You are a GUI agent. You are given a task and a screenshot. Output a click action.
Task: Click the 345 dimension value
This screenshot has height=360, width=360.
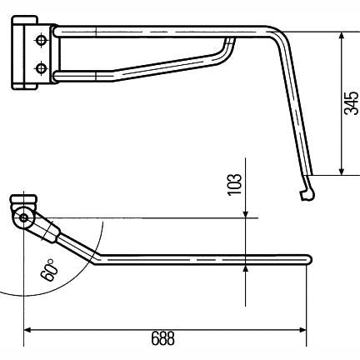pos(351,102)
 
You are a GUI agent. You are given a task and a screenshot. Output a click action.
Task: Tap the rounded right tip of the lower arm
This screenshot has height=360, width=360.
pos(308,260)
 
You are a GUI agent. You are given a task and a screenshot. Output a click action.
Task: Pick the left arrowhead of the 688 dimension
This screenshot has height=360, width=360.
pos(27,329)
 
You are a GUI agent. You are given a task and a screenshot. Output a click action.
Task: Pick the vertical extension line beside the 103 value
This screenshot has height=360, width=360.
pos(246,183)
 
